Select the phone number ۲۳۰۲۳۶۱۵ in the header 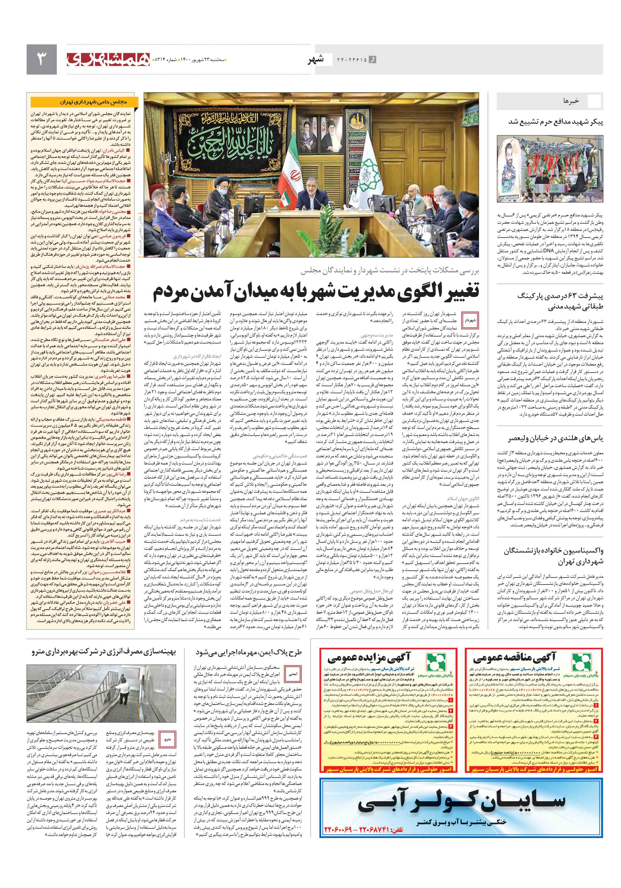(351, 60)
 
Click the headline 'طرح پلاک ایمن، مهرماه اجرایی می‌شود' (248, 652)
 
